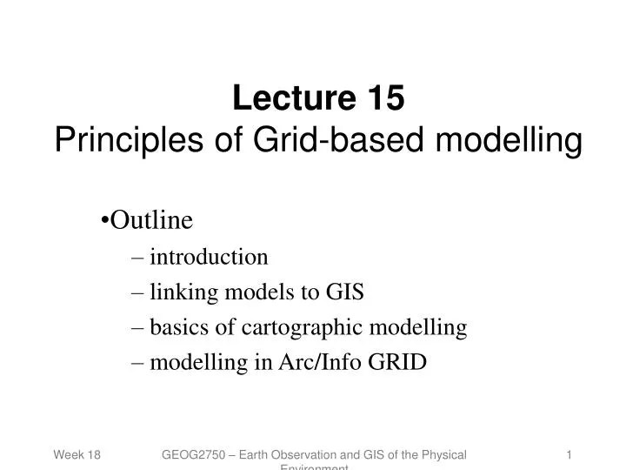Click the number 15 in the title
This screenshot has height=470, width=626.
[385, 98]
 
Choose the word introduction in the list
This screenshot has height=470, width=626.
[209, 257]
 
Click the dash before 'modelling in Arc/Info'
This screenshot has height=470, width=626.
[138, 362]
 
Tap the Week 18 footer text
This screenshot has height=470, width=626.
[77, 455]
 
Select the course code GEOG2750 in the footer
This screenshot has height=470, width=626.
[194, 455]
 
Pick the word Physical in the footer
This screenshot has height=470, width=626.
[442, 455]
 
